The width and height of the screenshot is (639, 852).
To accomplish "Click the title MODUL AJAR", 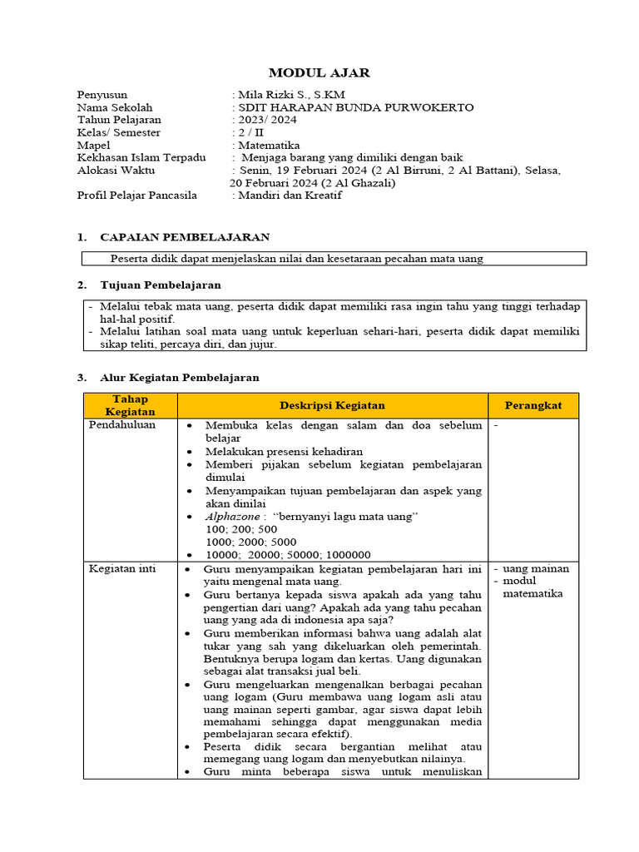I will pyautogui.click(x=319, y=73).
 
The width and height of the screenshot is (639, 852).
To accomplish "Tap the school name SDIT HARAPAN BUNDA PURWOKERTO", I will pyautogui.click(x=355, y=107).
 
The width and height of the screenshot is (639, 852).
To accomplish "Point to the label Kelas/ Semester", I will pyautogui.click(x=118, y=132).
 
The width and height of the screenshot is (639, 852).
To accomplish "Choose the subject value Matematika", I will pyautogui.click(x=269, y=145).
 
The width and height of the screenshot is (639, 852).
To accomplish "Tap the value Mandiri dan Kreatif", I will pyautogui.click(x=290, y=196).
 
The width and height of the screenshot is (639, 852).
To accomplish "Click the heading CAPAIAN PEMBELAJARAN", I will pyautogui.click(x=184, y=238).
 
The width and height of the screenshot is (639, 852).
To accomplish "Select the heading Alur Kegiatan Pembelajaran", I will pyautogui.click(x=179, y=377).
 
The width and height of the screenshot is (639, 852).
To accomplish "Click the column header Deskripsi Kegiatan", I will pyautogui.click(x=332, y=405).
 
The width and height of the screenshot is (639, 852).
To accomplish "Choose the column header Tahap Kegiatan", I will pyautogui.click(x=130, y=405).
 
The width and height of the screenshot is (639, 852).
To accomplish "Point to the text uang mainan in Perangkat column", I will pyautogui.click(x=537, y=569).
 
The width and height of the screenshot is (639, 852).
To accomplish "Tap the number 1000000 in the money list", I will pyautogui.click(x=349, y=555).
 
